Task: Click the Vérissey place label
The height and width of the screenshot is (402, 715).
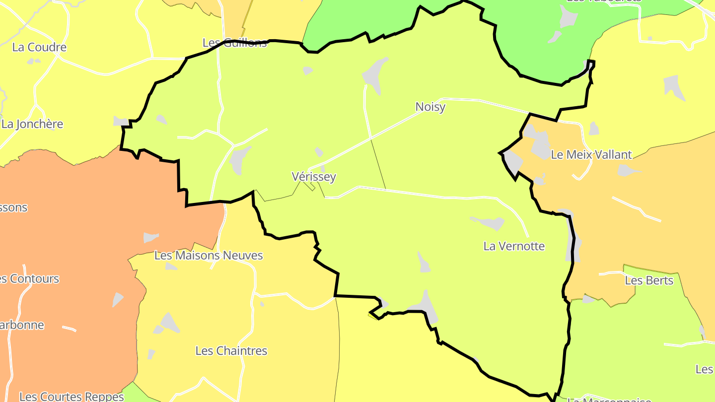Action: click(x=314, y=177)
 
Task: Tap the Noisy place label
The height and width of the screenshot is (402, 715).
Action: click(x=430, y=107)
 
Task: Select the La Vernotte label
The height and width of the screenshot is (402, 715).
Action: click(x=514, y=246)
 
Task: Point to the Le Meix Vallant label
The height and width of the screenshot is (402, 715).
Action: click(x=591, y=155)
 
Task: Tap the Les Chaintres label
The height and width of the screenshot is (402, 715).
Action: click(x=231, y=351)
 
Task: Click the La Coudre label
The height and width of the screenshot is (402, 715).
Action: click(x=39, y=48)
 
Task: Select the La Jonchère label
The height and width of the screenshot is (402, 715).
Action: click(x=32, y=124)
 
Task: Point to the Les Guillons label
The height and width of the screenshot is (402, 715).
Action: click(x=234, y=43)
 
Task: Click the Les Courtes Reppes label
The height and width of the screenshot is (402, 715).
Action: click(x=71, y=397)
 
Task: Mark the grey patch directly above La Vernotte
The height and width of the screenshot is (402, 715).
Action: click(x=489, y=223)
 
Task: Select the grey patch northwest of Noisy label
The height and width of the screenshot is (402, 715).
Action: click(x=375, y=74)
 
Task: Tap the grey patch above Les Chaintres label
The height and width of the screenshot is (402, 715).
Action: click(x=169, y=323)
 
